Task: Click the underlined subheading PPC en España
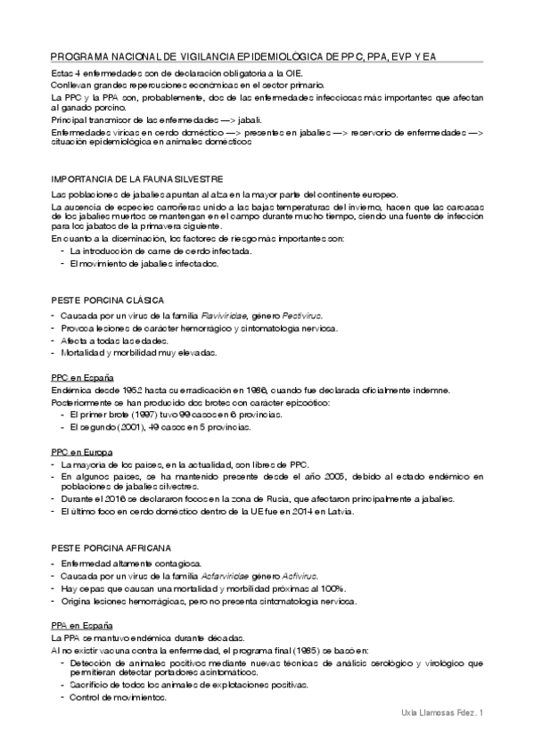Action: (82, 378)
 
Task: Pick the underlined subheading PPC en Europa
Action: (81, 452)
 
